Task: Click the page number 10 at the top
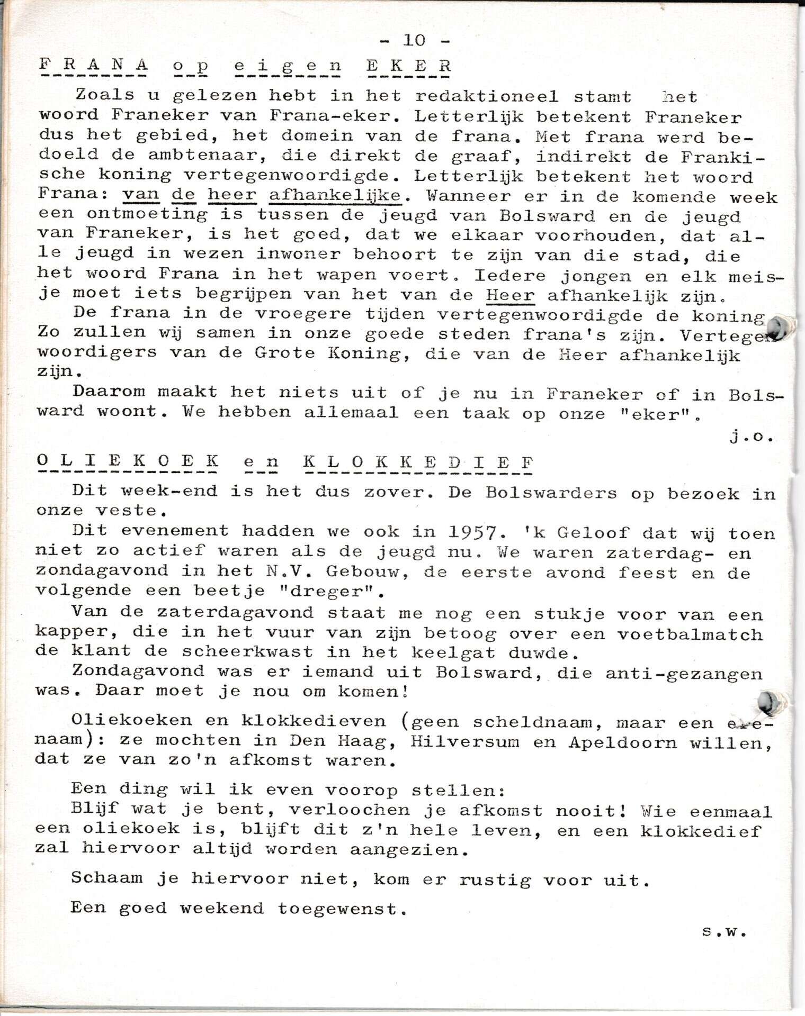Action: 414,40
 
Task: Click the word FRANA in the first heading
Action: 94,66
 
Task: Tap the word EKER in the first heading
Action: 408,66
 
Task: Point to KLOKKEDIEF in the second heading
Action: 418,462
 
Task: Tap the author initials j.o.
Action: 752,437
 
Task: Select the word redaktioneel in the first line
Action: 487,96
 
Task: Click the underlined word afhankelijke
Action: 335,196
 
